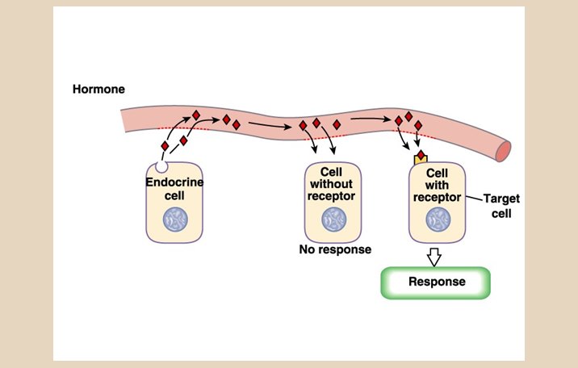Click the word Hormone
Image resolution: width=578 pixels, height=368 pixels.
coord(98,89)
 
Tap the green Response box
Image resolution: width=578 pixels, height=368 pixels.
coord(436,282)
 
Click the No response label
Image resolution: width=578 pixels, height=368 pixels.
coord(335,249)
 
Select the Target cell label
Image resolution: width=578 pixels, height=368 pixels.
coord(501,206)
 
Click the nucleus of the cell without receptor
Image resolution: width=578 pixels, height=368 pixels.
coord(332,219)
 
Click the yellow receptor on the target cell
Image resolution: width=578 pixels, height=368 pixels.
coord(421,161)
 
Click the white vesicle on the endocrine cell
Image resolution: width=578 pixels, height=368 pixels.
coord(161,166)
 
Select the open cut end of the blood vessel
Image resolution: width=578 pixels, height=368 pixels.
coord(505,151)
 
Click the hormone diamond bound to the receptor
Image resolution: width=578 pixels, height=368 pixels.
coord(421,155)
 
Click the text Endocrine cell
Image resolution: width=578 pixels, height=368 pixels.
coord(174,188)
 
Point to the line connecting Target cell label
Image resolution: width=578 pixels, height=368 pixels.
coord(475,195)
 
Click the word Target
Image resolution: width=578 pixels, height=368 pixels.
coord(501,199)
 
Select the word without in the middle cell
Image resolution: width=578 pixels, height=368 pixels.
coord(332,184)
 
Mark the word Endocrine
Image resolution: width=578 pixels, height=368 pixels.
coord(174,182)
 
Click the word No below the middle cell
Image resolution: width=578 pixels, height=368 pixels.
coord(308,249)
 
